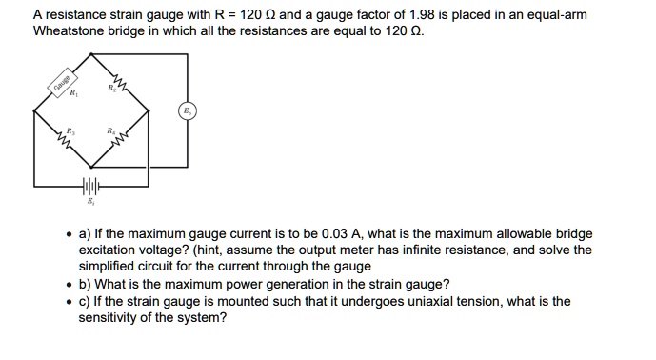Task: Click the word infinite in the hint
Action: [x=464, y=250]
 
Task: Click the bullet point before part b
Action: [x=69, y=285]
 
